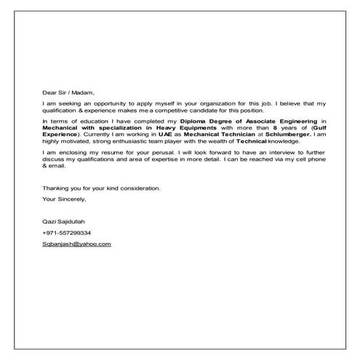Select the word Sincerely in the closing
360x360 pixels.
tap(71, 198)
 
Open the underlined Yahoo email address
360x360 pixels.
tap(76, 244)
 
